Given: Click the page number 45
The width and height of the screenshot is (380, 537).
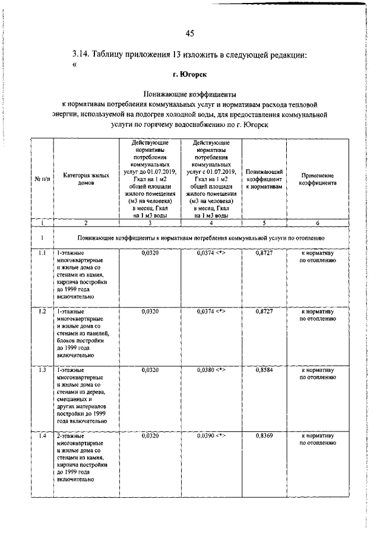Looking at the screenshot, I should [x=190, y=32].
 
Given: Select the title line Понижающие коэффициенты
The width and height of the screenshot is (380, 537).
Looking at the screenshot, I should [x=190, y=94].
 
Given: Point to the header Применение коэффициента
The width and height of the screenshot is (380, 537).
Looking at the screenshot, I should [x=318, y=180].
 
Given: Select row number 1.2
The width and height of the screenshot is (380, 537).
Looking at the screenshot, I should [x=40, y=312].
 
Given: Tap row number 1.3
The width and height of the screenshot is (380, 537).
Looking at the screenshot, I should [x=40, y=370].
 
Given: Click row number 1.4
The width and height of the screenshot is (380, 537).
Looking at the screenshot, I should [x=40, y=436].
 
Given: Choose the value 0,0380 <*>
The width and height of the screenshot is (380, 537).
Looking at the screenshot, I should [x=211, y=370].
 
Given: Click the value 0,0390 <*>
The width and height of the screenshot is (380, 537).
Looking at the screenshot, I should [x=211, y=436].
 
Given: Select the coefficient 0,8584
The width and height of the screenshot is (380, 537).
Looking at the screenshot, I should [x=264, y=370].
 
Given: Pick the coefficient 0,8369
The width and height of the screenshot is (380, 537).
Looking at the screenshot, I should [x=264, y=436].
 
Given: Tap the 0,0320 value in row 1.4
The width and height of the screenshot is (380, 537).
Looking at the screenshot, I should [x=151, y=436].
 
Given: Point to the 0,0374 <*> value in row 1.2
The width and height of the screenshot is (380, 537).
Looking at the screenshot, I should [x=211, y=312].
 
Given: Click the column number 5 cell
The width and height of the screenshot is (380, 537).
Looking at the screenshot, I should [x=264, y=223].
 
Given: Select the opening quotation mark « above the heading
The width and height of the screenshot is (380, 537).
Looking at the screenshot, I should [x=74, y=65].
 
